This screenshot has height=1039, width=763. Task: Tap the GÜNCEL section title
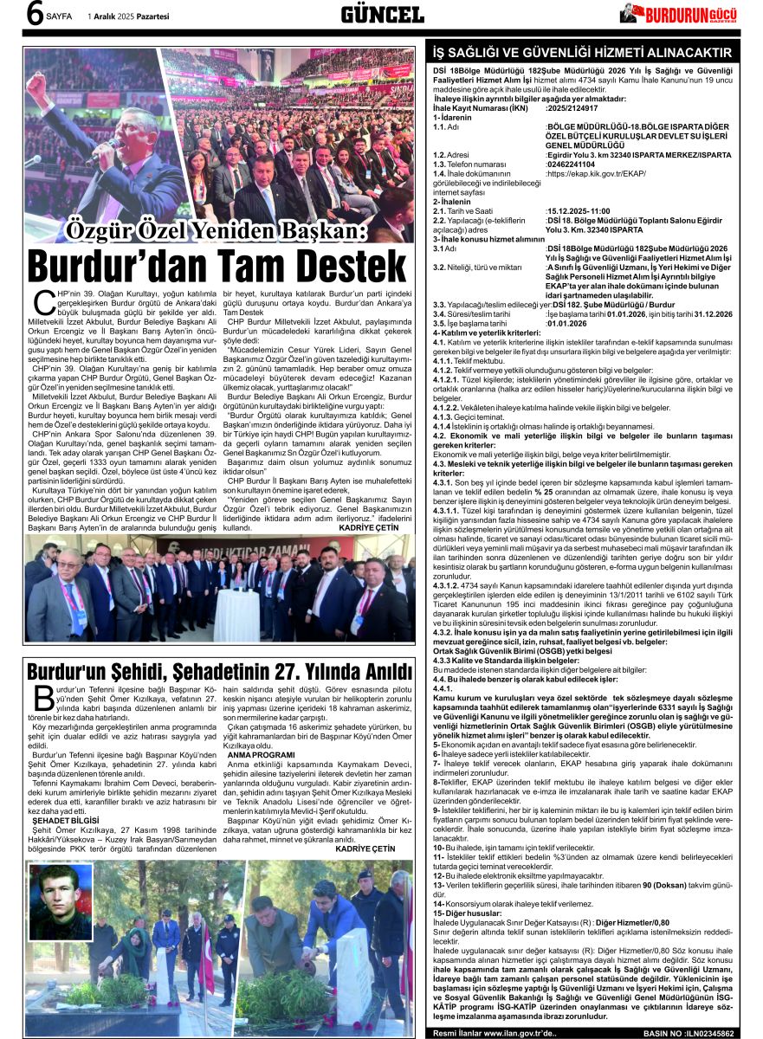[x=382, y=14]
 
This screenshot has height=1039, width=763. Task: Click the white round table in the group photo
[x=236, y=613]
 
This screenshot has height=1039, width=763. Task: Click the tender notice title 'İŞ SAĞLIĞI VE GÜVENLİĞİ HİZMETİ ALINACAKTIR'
[x=582, y=53]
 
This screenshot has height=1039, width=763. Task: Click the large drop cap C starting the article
[x=37, y=303]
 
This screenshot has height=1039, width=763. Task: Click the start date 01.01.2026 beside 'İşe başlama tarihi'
[x=566, y=323]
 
